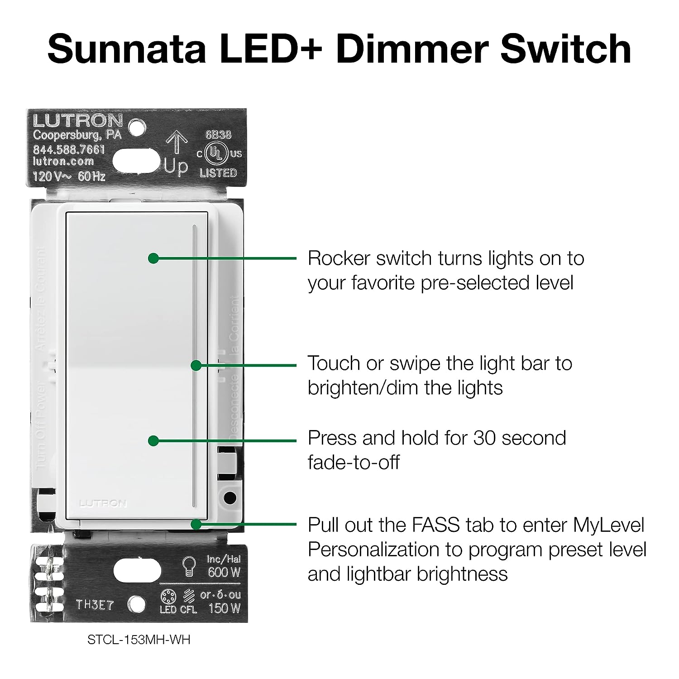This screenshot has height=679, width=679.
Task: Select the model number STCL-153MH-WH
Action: point(139,640)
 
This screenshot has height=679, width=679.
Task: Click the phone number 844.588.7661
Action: point(69,149)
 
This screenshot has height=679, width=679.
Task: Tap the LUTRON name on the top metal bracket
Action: point(77,121)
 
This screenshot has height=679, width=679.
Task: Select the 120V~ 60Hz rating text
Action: point(69,176)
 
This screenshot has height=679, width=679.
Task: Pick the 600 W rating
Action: point(224,573)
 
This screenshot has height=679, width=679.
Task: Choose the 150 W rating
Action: point(224,608)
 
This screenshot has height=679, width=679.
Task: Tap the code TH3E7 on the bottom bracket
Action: point(94,605)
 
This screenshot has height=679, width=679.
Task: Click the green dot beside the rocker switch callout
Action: point(153,258)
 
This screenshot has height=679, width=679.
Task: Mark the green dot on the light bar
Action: point(196,365)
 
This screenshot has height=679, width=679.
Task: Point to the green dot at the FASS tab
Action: point(196,524)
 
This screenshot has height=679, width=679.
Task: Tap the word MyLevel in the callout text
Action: point(608,525)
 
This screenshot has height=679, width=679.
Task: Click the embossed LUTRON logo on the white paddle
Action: point(103,503)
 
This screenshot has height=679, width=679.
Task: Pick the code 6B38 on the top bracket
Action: point(218,135)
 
